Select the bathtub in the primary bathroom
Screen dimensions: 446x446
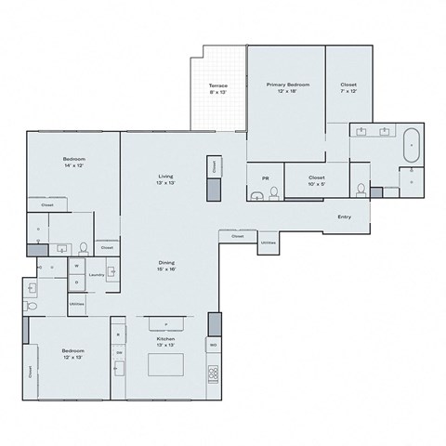[410, 146]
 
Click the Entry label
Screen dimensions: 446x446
[344, 217]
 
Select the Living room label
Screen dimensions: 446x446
[166, 179]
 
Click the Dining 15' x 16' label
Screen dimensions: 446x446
[166, 266]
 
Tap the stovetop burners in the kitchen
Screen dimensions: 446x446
[213, 373]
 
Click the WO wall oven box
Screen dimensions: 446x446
[213, 345]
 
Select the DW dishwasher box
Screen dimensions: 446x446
[119, 353]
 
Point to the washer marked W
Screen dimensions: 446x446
[76, 266]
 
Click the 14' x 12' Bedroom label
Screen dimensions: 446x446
[73, 164]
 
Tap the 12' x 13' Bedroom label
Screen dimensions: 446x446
[73, 354]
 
